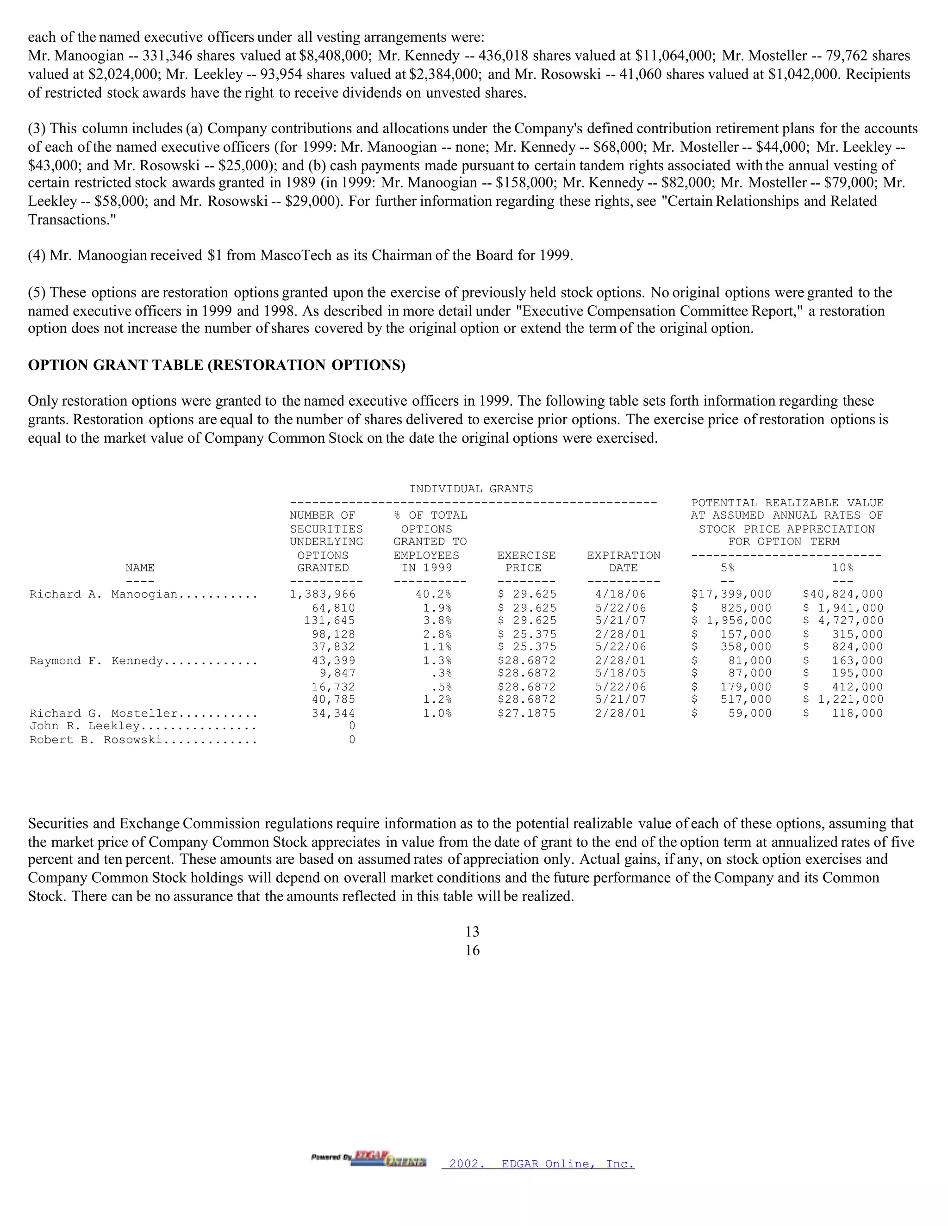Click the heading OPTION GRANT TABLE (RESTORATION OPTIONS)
(216, 365)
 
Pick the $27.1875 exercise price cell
(526, 713)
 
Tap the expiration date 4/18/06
(624, 594)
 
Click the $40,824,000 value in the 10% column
(842, 594)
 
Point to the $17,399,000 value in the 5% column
(731, 594)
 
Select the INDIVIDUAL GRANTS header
(471, 489)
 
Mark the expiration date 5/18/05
(624, 673)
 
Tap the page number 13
(472, 932)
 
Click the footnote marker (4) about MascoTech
(37, 256)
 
